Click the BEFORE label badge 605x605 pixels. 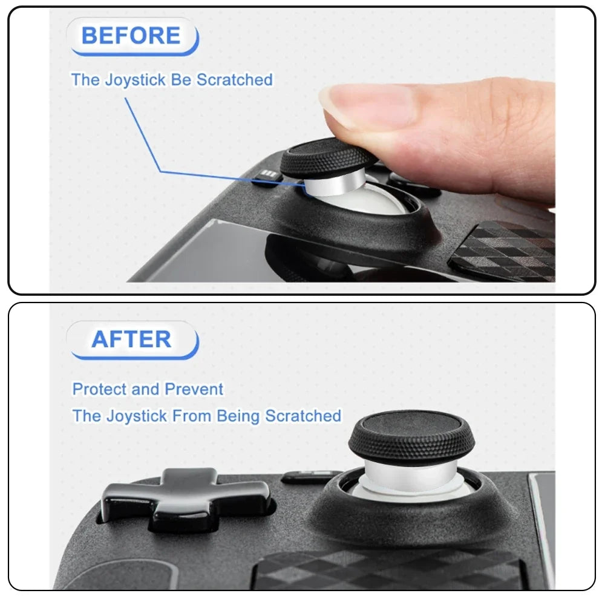[x=131, y=36]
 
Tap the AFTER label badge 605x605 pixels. [x=131, y=339]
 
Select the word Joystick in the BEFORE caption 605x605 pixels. [x=136, y=80]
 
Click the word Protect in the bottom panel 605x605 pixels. [x=99, y=389]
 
